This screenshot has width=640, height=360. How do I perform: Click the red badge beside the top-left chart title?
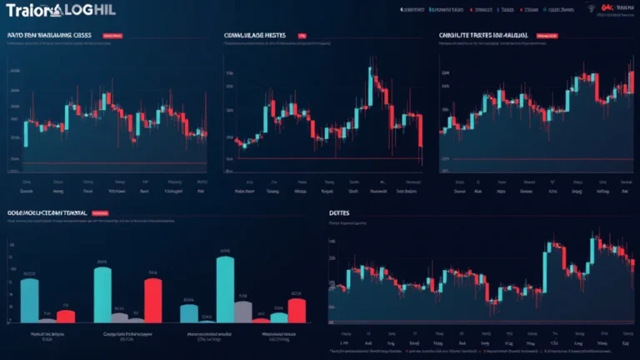(112, 37)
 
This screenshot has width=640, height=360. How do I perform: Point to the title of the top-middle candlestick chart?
(254, 36)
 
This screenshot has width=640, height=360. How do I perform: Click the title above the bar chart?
(47, 213)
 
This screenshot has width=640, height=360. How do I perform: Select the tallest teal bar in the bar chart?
(224, 288)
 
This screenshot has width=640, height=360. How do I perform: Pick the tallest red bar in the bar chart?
(152, 299)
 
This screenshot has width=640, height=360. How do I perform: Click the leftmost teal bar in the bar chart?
(29, 300)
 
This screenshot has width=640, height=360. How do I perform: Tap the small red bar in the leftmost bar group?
(65, 316)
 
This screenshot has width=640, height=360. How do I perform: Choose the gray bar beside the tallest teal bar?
(243, 310)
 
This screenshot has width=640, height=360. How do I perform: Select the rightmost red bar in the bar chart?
(297, 310)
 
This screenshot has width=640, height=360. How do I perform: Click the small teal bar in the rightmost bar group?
(279, 317)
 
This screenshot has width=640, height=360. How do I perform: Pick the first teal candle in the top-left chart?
(26, 133)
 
